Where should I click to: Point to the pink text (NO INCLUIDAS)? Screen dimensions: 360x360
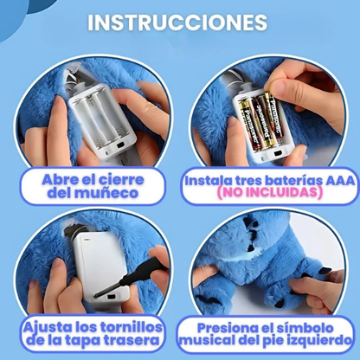tap(267, 195)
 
